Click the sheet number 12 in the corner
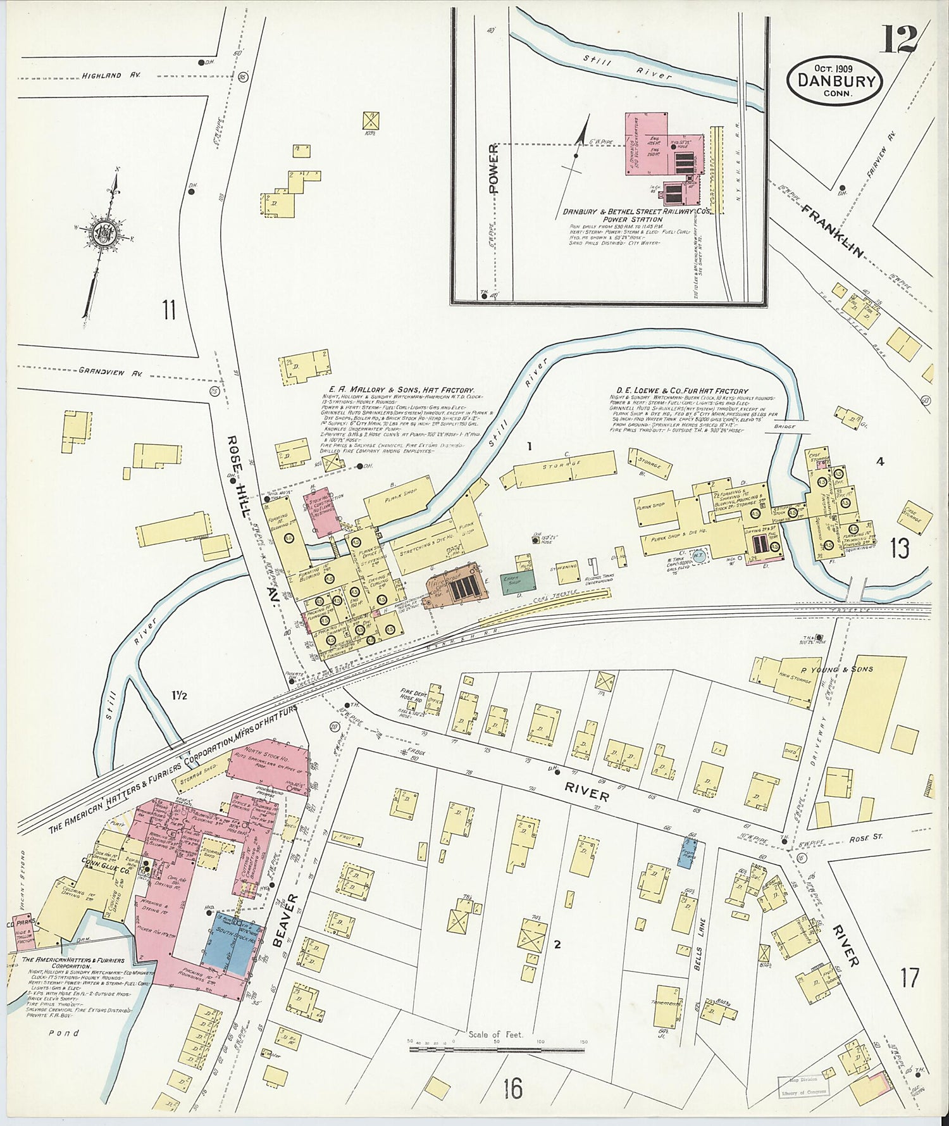point(896,39)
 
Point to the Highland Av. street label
point(110,75)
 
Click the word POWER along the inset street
point(493,167)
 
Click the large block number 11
point(168,311)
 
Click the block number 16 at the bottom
point(512,1089)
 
